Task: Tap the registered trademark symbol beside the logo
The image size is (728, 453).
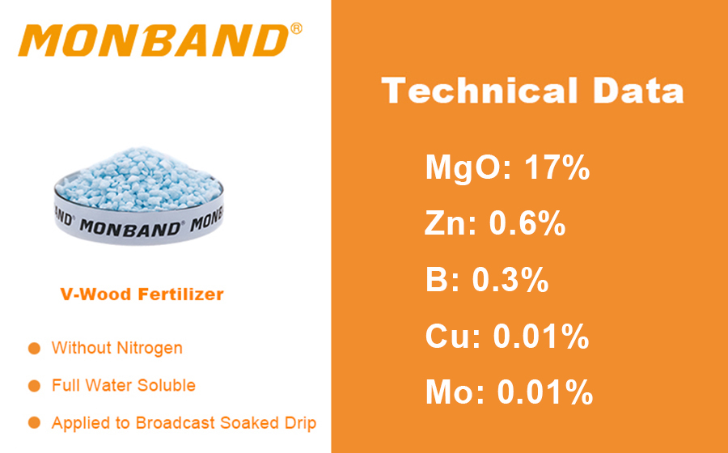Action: pos(296,29)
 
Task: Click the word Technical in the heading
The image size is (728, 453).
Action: pos(479,90)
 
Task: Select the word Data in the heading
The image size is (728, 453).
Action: pos(638,90)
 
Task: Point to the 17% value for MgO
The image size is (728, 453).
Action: pos(557,167)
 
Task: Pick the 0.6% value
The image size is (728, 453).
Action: pos(527,224)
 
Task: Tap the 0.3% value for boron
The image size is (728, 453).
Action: pos(510,280)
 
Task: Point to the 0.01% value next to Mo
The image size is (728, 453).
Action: pos(545,392)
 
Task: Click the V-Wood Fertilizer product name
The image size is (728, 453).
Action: pos(142,294)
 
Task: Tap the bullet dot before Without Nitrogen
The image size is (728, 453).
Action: pos(34,348)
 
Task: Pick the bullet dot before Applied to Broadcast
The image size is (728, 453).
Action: pos(34,423)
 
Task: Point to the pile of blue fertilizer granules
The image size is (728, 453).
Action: pos(141,177)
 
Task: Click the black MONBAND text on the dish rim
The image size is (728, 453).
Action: pos(130,226)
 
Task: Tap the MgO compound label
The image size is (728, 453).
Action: pos(468,167)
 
